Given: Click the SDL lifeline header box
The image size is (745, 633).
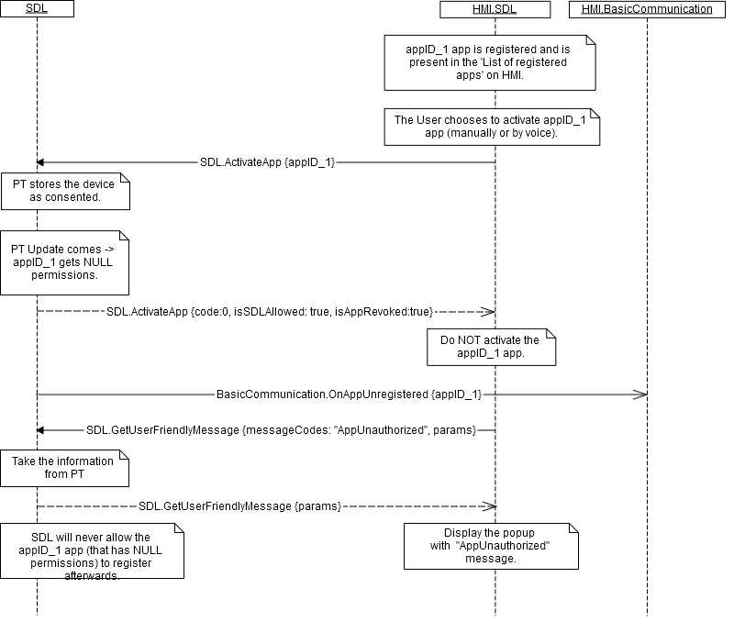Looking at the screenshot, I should (x=38, y=9).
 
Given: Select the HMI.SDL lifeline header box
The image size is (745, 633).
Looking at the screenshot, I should (x=495, y=9).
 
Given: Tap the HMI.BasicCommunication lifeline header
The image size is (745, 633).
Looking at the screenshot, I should (x=647, y=9).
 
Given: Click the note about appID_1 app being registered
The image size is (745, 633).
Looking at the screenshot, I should (x=490, y=61).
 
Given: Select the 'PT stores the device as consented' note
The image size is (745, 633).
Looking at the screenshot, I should (x=64, y=191).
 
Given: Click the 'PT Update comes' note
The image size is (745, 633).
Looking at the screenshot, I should (x=64, y=261).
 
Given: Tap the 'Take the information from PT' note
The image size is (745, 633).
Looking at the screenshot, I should (x=64, y=468).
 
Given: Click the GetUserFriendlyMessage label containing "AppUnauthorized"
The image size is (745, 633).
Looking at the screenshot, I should (x=281, y=429).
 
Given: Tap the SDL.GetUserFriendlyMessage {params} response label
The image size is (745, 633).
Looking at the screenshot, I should (x=240, y=505).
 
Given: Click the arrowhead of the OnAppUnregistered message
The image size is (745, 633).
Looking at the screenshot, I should (x=640, y=394).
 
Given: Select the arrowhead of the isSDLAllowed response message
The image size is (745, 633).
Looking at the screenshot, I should (x=489, y=312).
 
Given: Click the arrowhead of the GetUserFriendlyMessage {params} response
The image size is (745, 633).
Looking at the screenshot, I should (x=489, y=505).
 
